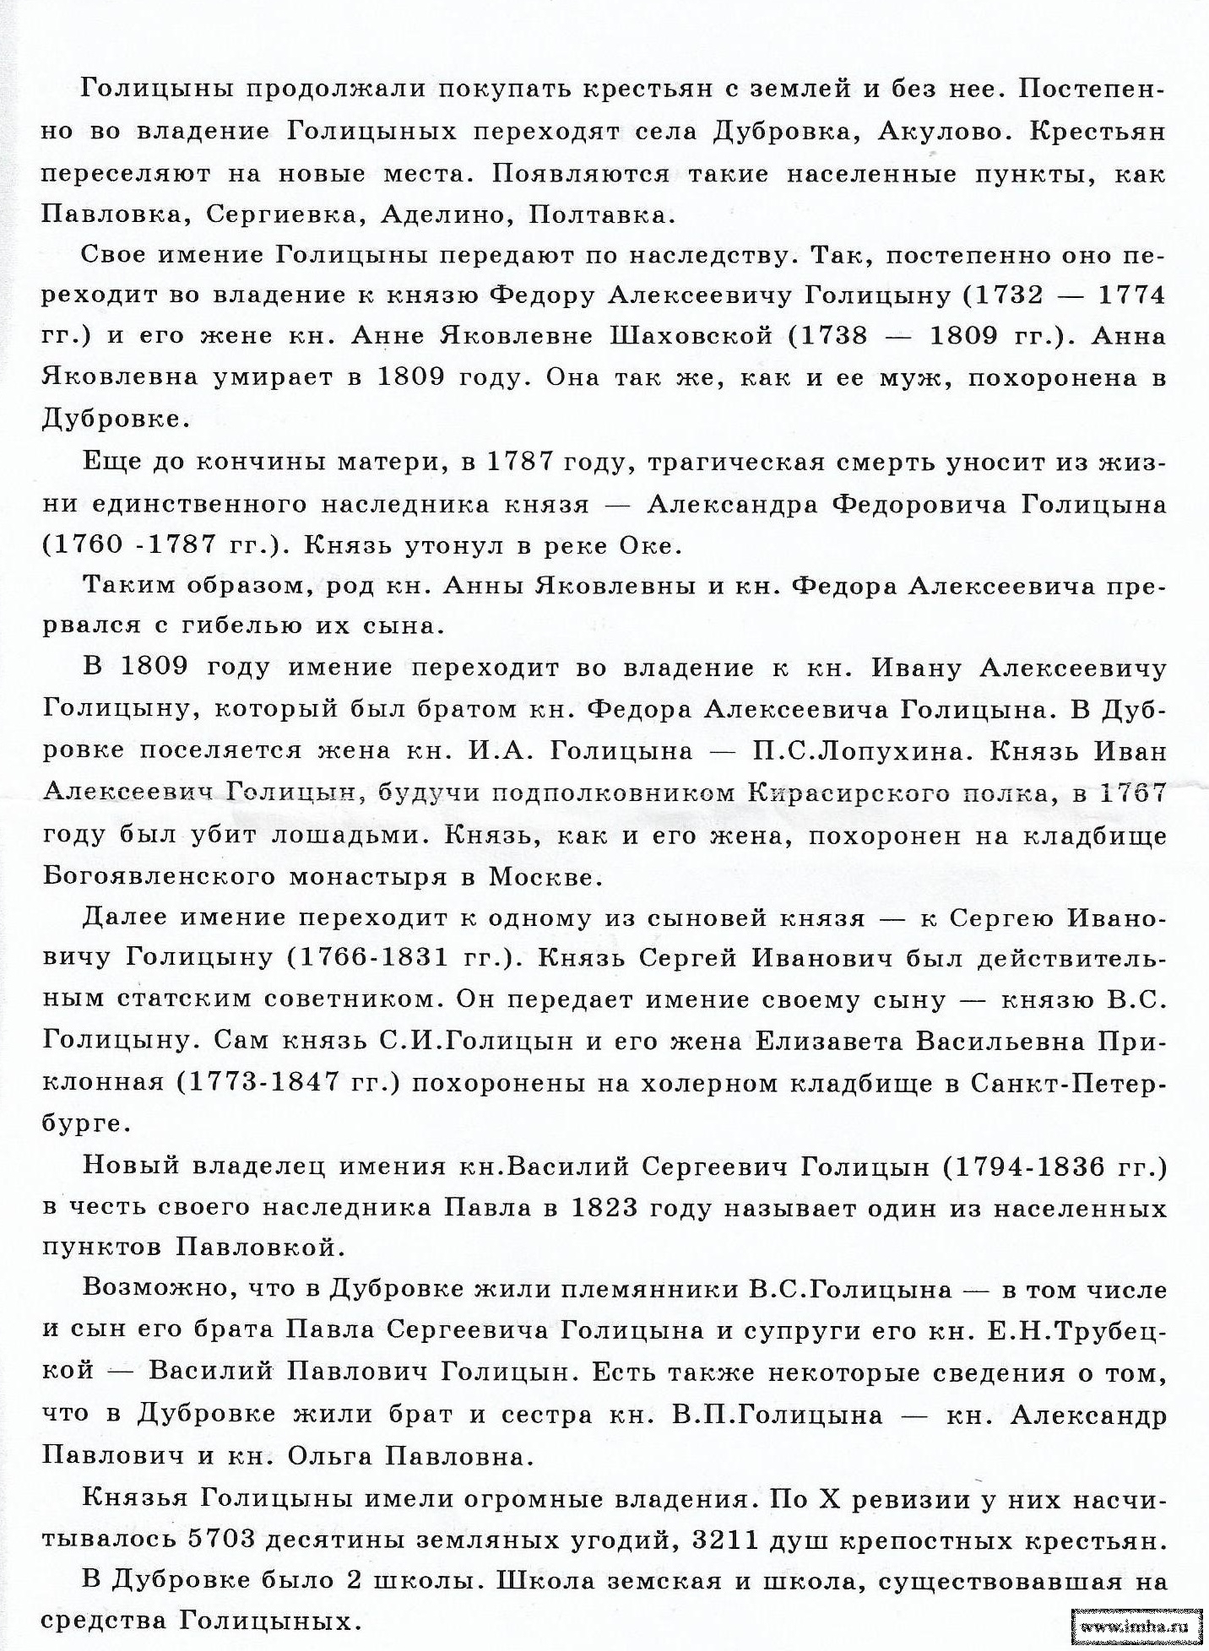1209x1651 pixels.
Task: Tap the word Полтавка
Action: (x=601, y=214)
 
